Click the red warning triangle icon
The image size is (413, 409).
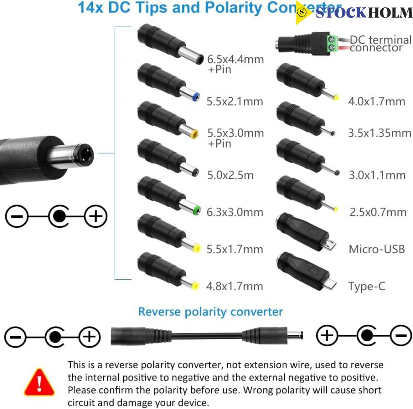click(x=39, y=382)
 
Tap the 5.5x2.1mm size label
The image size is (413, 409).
click(x=234, y=101)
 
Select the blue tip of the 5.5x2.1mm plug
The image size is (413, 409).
click(x=196, y=97)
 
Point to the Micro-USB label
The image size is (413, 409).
click(x=377, y=249)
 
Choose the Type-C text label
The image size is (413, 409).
click(x=367, y=287)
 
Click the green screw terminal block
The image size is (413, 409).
click(x=332, y=44)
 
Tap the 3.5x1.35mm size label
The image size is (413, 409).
click(x=380, y=133)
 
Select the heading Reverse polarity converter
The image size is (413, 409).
click(x=211, y=312)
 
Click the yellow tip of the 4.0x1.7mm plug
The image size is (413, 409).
click(x=336, y=98)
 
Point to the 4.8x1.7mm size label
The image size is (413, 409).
click(x=234, y=287)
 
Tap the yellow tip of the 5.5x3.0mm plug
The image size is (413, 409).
click(x=195, y=134)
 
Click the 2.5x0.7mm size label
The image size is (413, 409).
click(x=378, y=212)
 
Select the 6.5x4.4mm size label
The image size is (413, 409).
click(x=235, y=59)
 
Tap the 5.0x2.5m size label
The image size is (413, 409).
click(x=230, y=175)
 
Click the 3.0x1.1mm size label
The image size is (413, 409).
click(x=377, y=175)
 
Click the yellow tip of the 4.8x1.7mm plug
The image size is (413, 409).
click(x=195, y=286)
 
